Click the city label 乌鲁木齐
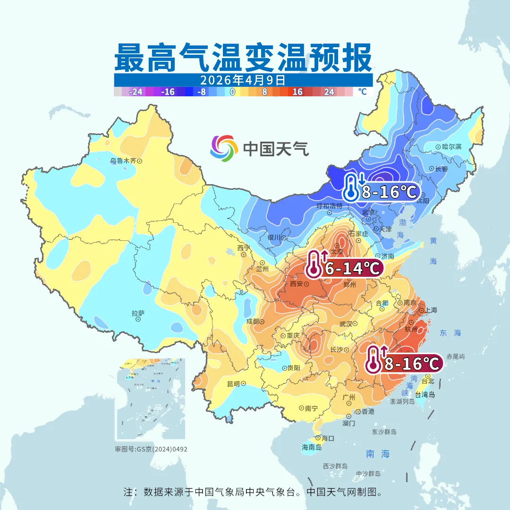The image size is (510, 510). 123,161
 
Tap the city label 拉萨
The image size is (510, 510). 138,313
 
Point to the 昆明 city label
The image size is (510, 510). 233,383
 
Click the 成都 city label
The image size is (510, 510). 253,322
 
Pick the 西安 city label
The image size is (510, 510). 296,284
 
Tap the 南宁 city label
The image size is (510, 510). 312,408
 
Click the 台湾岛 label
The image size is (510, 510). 425,395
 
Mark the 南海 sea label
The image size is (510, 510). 378,454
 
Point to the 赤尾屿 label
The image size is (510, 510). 456,357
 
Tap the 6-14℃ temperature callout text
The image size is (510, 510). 352,269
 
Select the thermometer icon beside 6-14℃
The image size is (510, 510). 314,264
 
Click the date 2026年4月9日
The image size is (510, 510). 243,79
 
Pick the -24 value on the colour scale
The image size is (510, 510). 136,92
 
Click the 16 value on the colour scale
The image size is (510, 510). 297,92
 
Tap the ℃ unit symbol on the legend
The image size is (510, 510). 362,92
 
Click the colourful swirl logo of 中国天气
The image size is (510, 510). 223,148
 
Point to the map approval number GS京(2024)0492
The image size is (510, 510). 161,449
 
